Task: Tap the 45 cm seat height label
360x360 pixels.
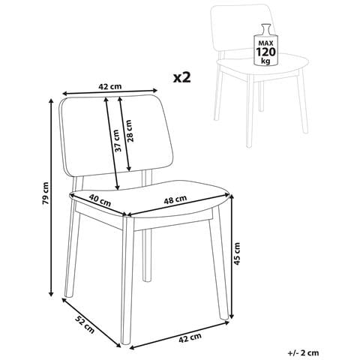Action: [237, 253]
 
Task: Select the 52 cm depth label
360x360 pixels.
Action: [85, 325]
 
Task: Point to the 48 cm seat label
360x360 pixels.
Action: [175, 199]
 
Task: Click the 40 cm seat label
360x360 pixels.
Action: [100, 200]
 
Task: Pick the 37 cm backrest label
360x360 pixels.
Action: [116, 141]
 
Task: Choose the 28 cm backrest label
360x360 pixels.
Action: [129, 131]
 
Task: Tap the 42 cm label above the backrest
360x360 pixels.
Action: [110, 87]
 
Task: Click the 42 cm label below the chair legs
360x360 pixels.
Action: [190, 338]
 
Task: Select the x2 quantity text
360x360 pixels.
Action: [182, 78]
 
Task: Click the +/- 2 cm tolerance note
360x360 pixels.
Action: [303, 353]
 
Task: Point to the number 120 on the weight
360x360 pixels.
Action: [265, 52]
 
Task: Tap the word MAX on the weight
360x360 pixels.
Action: [265, 43]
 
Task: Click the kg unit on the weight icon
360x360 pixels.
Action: [265, 61]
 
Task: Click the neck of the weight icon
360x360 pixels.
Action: [265, 28]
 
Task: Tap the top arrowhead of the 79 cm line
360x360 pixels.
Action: [51, 101]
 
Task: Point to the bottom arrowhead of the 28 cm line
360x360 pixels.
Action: [129, 169]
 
